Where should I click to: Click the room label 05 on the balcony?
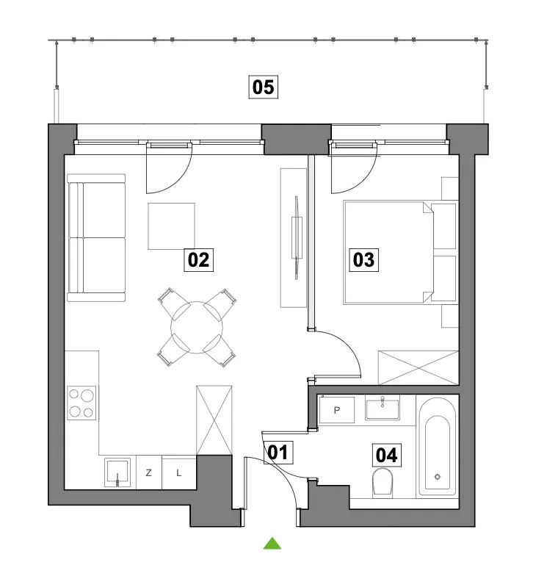(263, 87)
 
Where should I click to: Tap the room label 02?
(198, 260)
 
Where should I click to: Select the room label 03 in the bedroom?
(364, 260)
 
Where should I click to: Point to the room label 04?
(386, 455)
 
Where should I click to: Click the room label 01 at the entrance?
(278, 453)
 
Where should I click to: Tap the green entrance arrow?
(272, 543)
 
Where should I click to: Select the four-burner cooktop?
(81, 403)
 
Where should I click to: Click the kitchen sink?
(117, 472)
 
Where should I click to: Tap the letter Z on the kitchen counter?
(149, 472)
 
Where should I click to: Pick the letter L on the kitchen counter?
(179, 472)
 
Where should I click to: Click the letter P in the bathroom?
(336, 410)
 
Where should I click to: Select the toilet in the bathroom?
(383, 482)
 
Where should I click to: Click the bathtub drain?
(438, 477)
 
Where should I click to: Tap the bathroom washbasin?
(383, 408)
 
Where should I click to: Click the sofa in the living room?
(96, 238)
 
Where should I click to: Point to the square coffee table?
(171, 226)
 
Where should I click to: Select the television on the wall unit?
(297, 237)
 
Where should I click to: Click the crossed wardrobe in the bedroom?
(419, 368)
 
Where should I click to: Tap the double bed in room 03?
(400, 253)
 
